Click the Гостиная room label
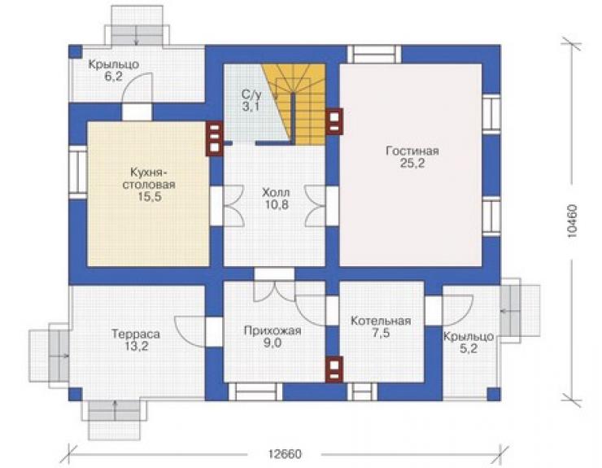pyautogui.click(x=412, y=151)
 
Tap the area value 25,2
pyautogui.click(x=412, y=164)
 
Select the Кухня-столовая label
pyautogui.click(x=149, y=178)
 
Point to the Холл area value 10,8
pyautogui.click(x=276, y=205)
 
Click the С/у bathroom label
pyautogui.click(x=251, y=94)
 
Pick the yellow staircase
pyautogui.click(x=294, y=103)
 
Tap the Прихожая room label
pyautogui.click(x=273, y=330)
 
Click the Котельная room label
pyautogui.click(x=381, y=321)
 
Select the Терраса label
pyautogui.click(x=136, y=334)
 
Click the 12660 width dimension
pyautogui.click(x=285, y=454)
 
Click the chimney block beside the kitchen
pyautogui.click(x=214, y=138)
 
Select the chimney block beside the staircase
pyautogui.click(x=334, y=121)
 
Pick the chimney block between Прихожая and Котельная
pyautogui.click(x=334, y=370)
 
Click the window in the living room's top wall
pyautogui.click(x=374, y=55)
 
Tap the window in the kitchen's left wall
pyautogui.click(x=78, y=172)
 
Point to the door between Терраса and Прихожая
pyautogui.click(x=214, y=331)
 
